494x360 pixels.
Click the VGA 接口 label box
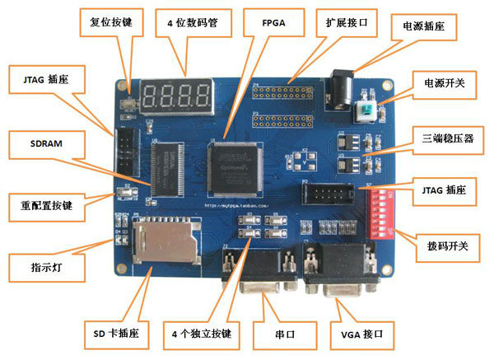362,335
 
